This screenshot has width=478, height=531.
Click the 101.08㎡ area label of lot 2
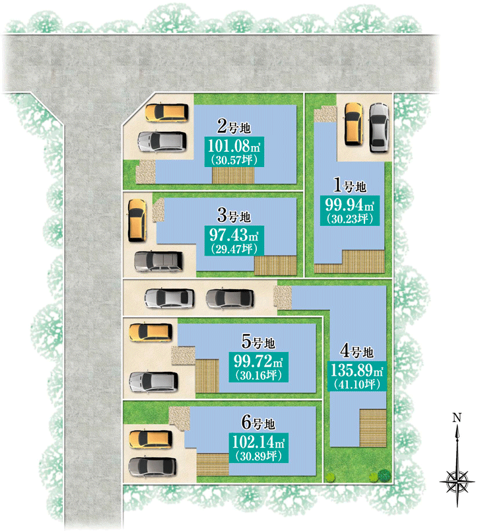point(234,147)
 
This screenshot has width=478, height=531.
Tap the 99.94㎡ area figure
point(350,205)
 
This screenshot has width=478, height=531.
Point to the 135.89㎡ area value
point(357,370)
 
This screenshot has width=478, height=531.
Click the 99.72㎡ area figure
point(258,361)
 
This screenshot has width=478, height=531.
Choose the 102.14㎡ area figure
point(258,442)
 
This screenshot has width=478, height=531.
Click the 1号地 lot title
point(350,186)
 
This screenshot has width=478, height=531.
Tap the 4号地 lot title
point(357,351)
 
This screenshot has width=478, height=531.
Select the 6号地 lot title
point(258,423)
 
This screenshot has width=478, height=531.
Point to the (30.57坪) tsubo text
point(234,160)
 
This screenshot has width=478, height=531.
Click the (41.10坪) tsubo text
point(357,384)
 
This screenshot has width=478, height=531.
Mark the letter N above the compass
point(457,418)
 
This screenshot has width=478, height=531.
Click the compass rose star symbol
point(458,481)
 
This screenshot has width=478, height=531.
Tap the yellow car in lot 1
point(353,124)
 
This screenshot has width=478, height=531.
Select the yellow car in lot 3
point(137,220)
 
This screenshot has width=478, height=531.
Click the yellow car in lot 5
point(151,332)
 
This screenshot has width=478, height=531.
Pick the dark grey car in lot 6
point(153,467)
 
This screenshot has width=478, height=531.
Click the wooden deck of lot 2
point(233,176)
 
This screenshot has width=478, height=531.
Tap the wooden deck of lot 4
point(373,428)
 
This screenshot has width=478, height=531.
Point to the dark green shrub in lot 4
point(384,475)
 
